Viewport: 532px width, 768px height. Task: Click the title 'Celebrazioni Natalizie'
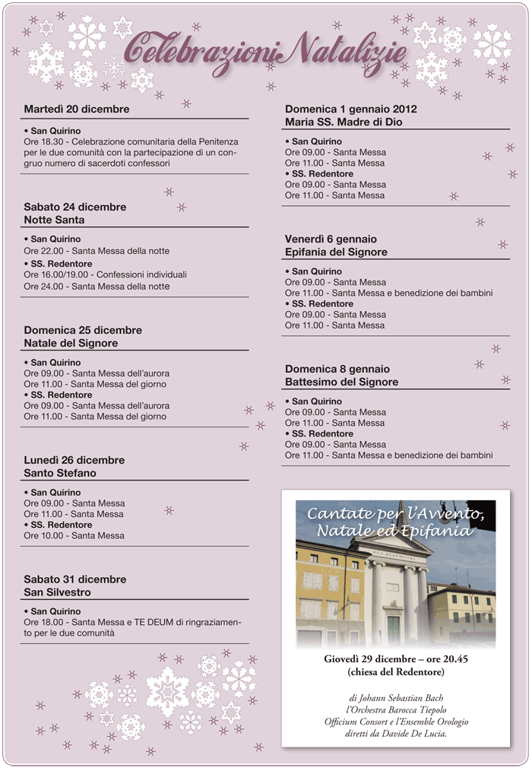265,52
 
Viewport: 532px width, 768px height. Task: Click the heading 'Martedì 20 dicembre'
77,109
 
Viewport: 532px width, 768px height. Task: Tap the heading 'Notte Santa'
54,220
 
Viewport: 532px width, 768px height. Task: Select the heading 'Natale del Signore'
71,343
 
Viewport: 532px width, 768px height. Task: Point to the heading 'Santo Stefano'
60,473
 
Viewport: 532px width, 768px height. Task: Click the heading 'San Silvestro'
57,592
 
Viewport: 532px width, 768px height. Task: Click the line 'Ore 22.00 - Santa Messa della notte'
97,251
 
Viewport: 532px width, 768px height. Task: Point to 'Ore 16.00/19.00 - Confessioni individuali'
105,275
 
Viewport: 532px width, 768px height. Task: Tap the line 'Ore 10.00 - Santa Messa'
74,535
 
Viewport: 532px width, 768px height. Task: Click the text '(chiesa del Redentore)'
395,672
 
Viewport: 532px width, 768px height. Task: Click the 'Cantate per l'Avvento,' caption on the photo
395,515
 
